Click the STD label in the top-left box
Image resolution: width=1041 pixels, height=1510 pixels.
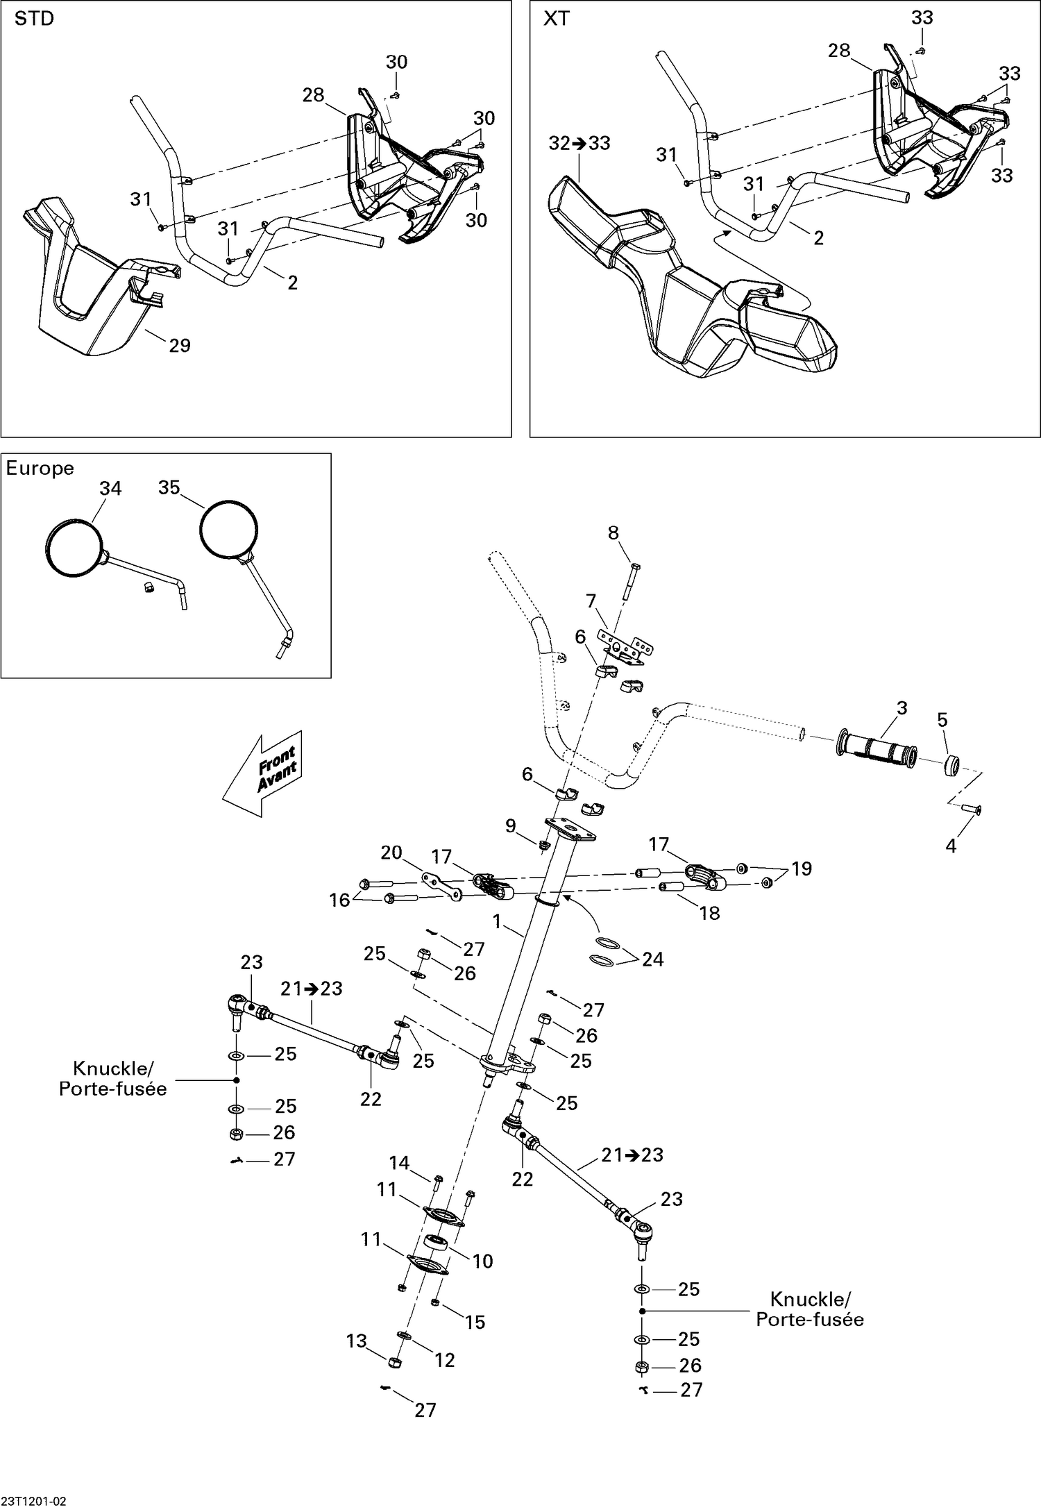pos(34,19)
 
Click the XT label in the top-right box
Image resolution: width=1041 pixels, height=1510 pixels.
pos(556,19)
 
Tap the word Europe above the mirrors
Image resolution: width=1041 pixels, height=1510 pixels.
pos(40,468)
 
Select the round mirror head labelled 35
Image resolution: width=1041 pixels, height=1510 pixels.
pos(228,528)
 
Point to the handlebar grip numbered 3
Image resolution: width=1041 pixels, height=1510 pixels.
pos(878,748)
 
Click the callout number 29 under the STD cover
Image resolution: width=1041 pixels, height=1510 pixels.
pos(180,345)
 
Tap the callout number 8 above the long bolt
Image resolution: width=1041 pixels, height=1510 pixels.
pos(613,532)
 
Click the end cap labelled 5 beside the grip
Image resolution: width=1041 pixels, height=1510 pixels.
pos(951,766)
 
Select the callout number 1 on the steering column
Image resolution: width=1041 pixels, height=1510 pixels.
pos(497,921)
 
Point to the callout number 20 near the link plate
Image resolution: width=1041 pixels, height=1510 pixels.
pos(391,852)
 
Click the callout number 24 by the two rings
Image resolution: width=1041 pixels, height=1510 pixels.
pos(652,959)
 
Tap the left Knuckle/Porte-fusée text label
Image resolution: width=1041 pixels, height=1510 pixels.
pos(112,1078)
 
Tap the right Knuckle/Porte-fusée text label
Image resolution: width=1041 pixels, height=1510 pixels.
pos(810,1309)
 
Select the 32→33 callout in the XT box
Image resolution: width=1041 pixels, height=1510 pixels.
pos(579,143)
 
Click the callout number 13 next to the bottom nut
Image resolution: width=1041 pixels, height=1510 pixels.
pos(356,1341)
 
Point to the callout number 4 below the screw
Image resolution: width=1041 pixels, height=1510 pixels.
pos(951,846)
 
